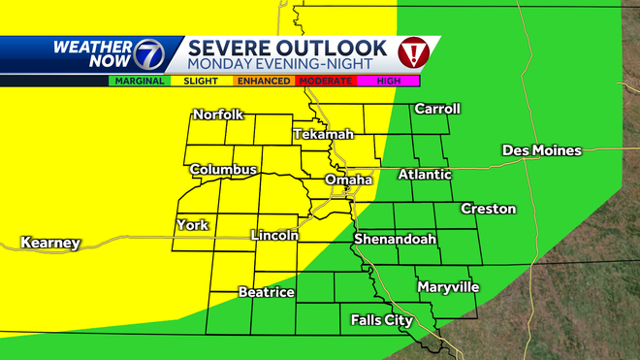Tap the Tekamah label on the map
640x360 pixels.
tap(319, 133)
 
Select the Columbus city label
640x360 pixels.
tap(223, 170)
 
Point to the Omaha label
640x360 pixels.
tap(348, 180)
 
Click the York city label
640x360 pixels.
tap(192, 225)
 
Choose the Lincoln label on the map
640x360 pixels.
tap(274, 235)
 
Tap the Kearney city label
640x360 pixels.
tap(49, 243)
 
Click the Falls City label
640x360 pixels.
tap(381, 319)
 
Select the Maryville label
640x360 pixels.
tap(448, 287)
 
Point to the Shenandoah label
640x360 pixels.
tap(394, 239)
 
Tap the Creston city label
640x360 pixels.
tap(488, 209)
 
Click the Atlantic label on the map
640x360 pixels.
tap(425, 175)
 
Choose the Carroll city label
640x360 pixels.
tap(436, 109)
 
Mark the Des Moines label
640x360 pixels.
tap(541, 150)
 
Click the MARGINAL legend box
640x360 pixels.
tap(139, 81)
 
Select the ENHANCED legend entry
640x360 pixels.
tap(263, 81)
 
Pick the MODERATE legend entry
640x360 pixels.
tap(324, 81)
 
